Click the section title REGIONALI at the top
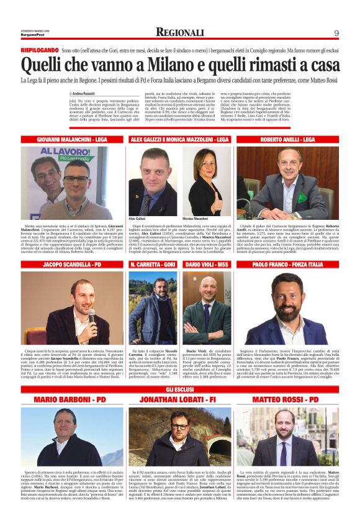coord(179,32)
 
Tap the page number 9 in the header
coord(336,33)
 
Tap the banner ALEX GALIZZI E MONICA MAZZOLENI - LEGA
coord(179,140)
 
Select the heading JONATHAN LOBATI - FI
coord(179,398)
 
